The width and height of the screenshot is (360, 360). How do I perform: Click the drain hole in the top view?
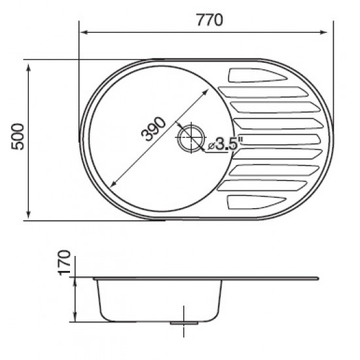point(191,138)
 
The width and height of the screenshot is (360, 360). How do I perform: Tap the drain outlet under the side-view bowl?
point(185,323)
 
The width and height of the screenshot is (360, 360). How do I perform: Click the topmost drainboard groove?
point(255,75)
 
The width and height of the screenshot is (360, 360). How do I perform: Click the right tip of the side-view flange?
point(319,279)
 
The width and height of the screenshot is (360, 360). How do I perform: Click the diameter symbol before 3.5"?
point(211,147)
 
